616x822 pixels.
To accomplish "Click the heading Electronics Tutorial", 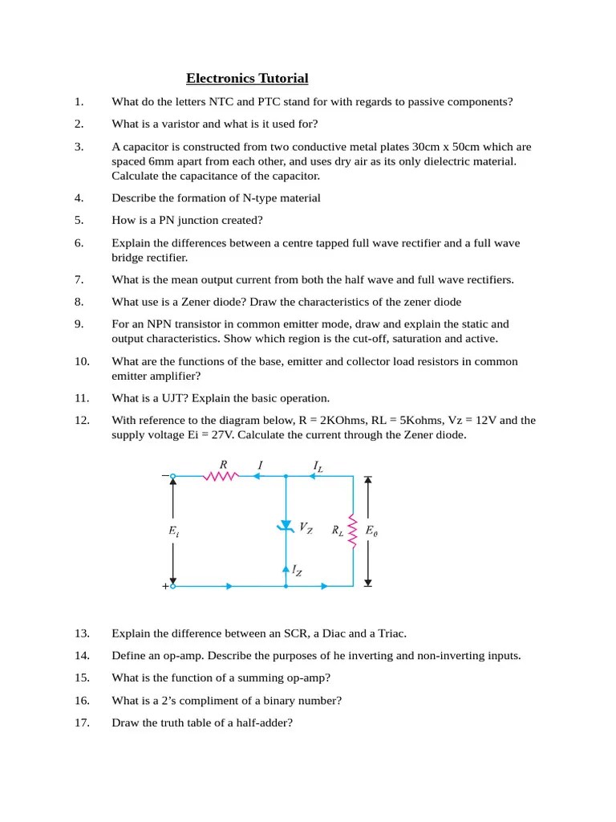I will [247, 79].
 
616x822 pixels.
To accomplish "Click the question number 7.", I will [79, 280].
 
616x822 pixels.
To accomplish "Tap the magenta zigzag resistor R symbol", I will [221, 476].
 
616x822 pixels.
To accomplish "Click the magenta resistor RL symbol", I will [352, 531].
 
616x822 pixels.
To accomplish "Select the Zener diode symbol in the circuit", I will [286, 526].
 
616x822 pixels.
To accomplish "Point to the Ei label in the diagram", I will [173, 531].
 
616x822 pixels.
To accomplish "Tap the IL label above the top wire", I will [318, 466].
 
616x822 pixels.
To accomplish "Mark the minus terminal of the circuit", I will [167, 476].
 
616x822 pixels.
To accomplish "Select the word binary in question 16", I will [280, 701].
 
